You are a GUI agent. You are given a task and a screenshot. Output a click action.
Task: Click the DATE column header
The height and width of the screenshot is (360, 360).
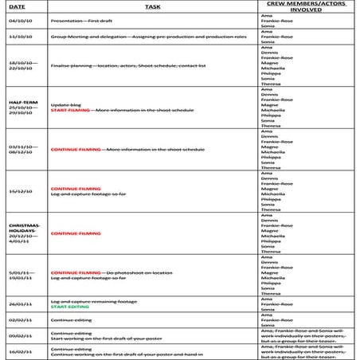click(x=17, y=6)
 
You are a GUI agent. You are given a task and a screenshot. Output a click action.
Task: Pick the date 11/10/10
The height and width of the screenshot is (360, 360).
click(x=20, y=37)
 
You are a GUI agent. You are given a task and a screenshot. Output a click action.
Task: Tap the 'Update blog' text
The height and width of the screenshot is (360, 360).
click(x=65, y=104)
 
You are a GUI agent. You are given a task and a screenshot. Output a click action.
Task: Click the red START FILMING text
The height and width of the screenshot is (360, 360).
click(x=69, y=111)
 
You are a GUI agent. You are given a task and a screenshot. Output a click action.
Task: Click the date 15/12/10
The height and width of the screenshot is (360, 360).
click(x=20, y=191)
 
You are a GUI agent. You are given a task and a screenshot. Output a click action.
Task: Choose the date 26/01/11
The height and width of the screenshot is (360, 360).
click(x=20, y=303)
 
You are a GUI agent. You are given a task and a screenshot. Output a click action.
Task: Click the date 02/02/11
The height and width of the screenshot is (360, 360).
click(x=20, y=320)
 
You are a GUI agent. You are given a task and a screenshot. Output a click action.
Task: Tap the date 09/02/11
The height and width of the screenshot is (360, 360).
click(x=20, y=336)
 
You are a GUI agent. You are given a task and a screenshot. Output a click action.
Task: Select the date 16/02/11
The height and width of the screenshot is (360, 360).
click(x=20, y=351)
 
